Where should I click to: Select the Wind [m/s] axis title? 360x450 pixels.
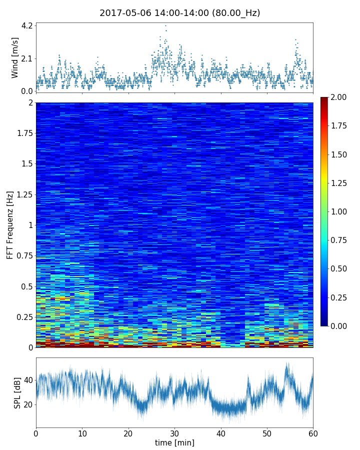[x=15, y=57]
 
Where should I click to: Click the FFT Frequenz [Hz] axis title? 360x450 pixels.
[x=10, y=224]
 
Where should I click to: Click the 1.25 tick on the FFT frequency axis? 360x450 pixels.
[x=24, y=195]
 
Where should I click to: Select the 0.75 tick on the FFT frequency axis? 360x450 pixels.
[x=24, y=256]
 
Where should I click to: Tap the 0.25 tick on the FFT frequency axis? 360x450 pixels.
[x=24, y=317]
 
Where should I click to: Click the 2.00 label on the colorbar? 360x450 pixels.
[x=340, y=97]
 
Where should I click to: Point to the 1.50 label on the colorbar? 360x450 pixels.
[x=340, y=154]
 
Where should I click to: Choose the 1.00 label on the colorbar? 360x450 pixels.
[x=340, y=211]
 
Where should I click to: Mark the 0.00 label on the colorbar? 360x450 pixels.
[x=340, y=326]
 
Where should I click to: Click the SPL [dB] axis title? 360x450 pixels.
[x=17, y=392]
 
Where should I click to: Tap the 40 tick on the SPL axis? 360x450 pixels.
[x=28, y=380]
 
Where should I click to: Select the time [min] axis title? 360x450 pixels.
[x=174, y=442]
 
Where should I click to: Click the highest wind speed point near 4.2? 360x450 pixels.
[x=165, y=25]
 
